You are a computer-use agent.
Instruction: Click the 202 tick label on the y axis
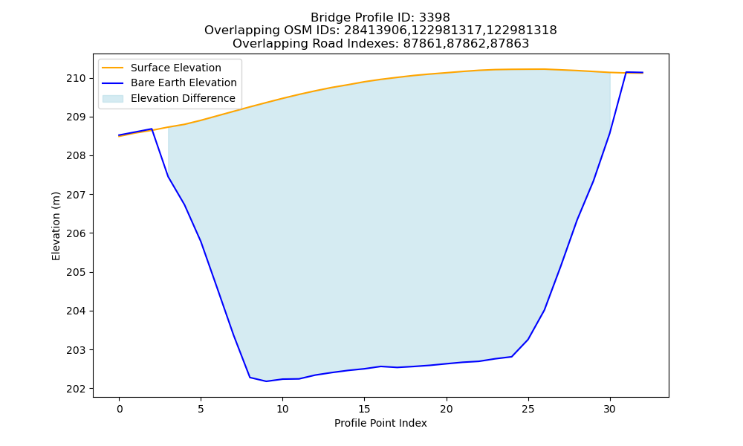pyautogui.click(x=77, y=389)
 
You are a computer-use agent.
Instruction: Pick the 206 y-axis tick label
pyautogui.click(x=77, y=233)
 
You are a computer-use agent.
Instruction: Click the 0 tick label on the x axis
pyautogui.click(x=119, y=409)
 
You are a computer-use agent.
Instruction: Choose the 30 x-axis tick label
pyautogui.click(x=610, y=409)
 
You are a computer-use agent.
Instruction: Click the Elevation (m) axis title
pyautogui.click(x=56, y=226)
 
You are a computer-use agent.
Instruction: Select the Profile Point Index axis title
pyautogui.click(x=380, y=423)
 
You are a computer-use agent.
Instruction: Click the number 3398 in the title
pyautogui.click(x=434, y=18)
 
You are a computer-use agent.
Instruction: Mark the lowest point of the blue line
pyautogui.click(x=266, y=381)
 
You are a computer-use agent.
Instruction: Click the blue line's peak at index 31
pyautogui.click(x=626, y=72)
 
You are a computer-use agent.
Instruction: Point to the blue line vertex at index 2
pyautogui.click(x=152, y=129)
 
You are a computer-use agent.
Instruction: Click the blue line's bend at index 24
pyautogui.click(x=511, y=356)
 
